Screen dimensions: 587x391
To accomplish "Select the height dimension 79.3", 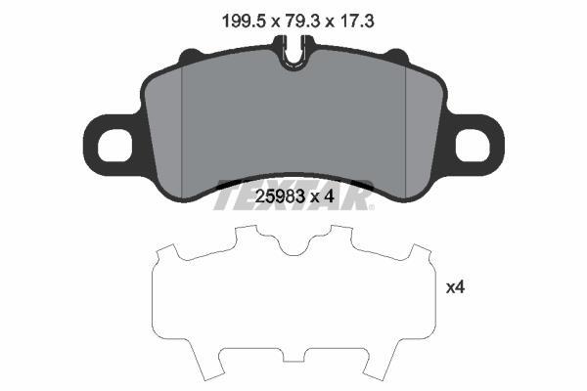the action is tap(301, 21).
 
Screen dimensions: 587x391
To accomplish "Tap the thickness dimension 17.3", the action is tap(356, 21).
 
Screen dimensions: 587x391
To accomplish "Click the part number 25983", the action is tap(279, 196).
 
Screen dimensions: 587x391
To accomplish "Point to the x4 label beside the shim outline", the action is tap(455, 287).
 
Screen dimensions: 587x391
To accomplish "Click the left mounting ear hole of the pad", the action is tap(114, 145).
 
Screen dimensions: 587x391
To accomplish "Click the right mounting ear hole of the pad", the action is tap(473, 145).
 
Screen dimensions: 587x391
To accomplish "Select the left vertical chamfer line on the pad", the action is tap(181, 132).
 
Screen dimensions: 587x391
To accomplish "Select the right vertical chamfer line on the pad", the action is tap(406, 132).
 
